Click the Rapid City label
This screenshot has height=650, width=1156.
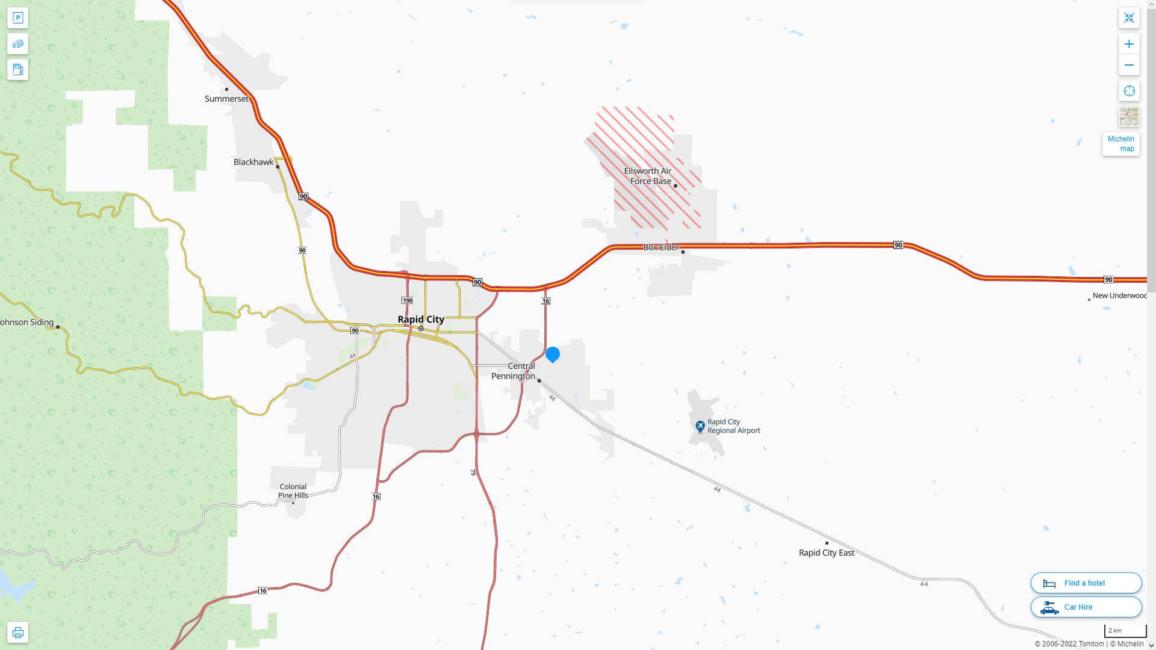click(421, 320)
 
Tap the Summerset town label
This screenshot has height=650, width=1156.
click(226, 99)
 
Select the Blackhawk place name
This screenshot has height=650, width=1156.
click(253, 162)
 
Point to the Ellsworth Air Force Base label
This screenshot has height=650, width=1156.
click(648, 176)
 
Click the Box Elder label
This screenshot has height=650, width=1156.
click(660, 247)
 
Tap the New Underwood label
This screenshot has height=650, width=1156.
click(1119, 296)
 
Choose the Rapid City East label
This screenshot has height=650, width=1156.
click(826, 552)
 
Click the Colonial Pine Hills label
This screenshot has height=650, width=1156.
click(293, 491)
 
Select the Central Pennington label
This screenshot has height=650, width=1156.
click(514, 371)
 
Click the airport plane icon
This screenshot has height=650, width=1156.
click(700, 426)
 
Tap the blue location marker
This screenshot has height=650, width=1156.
click(552, 354)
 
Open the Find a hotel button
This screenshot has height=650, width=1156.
click(1086, 583)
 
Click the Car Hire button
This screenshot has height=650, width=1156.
click(1086, 607)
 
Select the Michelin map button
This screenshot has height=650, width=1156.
click(1120, 144)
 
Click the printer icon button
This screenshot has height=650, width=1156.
click(17, 633)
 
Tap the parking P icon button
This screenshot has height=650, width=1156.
click(17, 18)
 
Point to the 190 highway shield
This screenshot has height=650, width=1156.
click(408, 300)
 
